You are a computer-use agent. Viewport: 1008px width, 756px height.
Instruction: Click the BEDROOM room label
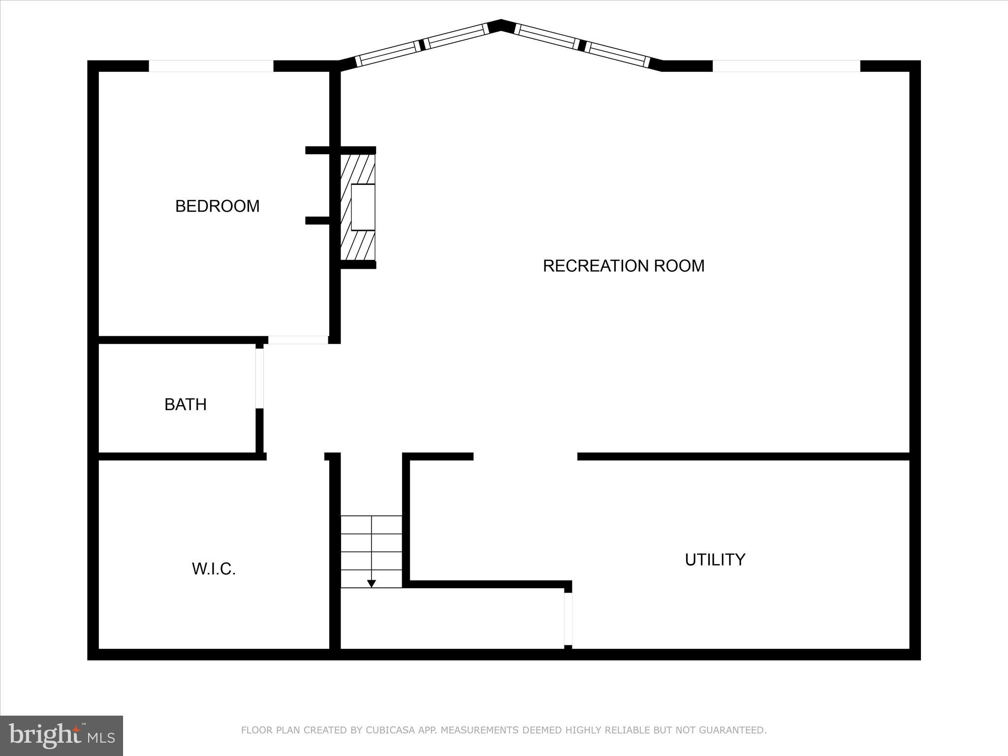click(x=217, y=206)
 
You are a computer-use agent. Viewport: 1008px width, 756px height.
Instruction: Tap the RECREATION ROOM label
click(x=623, y=266)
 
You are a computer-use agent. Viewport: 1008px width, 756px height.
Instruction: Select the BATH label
click(x=185, y=405)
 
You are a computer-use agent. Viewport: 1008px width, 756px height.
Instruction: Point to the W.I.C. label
click(x=214, y=569)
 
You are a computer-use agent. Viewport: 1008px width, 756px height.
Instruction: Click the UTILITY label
click(x=715, y=560)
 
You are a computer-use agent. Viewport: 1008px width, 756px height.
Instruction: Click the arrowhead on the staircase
click(x=372, y=583)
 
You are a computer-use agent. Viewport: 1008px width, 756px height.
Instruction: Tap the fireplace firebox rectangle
click(x=363, y=207)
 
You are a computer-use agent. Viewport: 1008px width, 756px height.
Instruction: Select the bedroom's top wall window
click(x=211, y=66)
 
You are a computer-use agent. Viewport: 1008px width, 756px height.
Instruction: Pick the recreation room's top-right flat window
click(x=786, y=66)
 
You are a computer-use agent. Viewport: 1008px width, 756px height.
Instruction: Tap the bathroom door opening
click(x=259, y=378)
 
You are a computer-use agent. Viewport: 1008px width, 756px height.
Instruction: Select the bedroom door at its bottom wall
click(x=298, y=340)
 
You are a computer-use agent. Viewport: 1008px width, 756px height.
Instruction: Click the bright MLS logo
click(x=62, y=735)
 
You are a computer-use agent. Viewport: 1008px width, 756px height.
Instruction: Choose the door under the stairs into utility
click(x=568, y=619)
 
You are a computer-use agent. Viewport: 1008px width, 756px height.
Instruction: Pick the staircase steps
click(x=372, y=551)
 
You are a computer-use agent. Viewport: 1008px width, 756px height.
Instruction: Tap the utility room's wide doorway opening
click(x=525, y=456)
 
